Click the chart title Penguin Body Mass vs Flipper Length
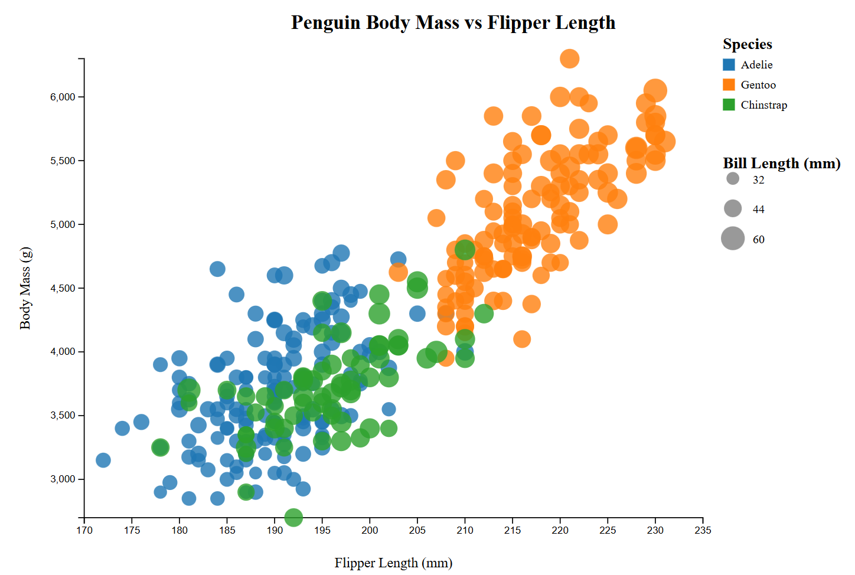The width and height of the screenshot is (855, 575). [x=453, y=23]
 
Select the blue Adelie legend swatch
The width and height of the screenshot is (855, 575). [x=729, y=65]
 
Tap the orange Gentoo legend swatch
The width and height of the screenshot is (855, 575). [x=729, y=85]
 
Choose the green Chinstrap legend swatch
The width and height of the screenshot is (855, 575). [x=729, y=105]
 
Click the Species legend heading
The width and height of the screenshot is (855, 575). [x=747, y=44]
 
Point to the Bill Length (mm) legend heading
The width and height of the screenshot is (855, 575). [x=781, y=164]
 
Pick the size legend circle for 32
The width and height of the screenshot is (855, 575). [x=733, y=178]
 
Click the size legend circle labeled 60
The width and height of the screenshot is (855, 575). [x=733, y=239]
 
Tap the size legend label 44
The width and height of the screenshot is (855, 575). [x=758, y=210]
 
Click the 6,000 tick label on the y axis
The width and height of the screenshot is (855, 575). [x=63, y=97]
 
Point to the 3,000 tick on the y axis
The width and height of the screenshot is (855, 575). [x=63, y=479]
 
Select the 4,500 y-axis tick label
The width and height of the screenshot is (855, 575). [x=63, y=289]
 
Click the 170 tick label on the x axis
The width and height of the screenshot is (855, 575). [x=84, y=530]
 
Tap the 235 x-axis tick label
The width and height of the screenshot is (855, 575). [x=703, y=530]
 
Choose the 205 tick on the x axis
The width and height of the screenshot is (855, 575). [x=417, y=530]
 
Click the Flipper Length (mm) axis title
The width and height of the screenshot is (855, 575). [x=393, y=563]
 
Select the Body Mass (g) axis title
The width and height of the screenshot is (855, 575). [x=25, y=288]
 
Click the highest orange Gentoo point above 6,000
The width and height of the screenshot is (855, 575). [x=569, y=58]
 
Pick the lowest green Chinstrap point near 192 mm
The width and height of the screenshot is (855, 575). [x=293, y=517]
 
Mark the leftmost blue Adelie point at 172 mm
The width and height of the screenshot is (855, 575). [x=103, y=460]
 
